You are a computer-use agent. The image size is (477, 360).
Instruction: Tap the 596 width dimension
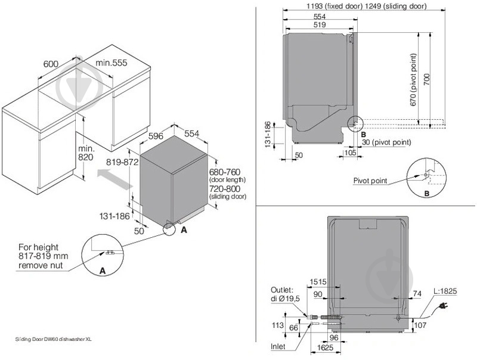click(x=155, y=136)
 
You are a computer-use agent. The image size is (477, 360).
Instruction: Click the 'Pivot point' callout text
click(x=370, y=181)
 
